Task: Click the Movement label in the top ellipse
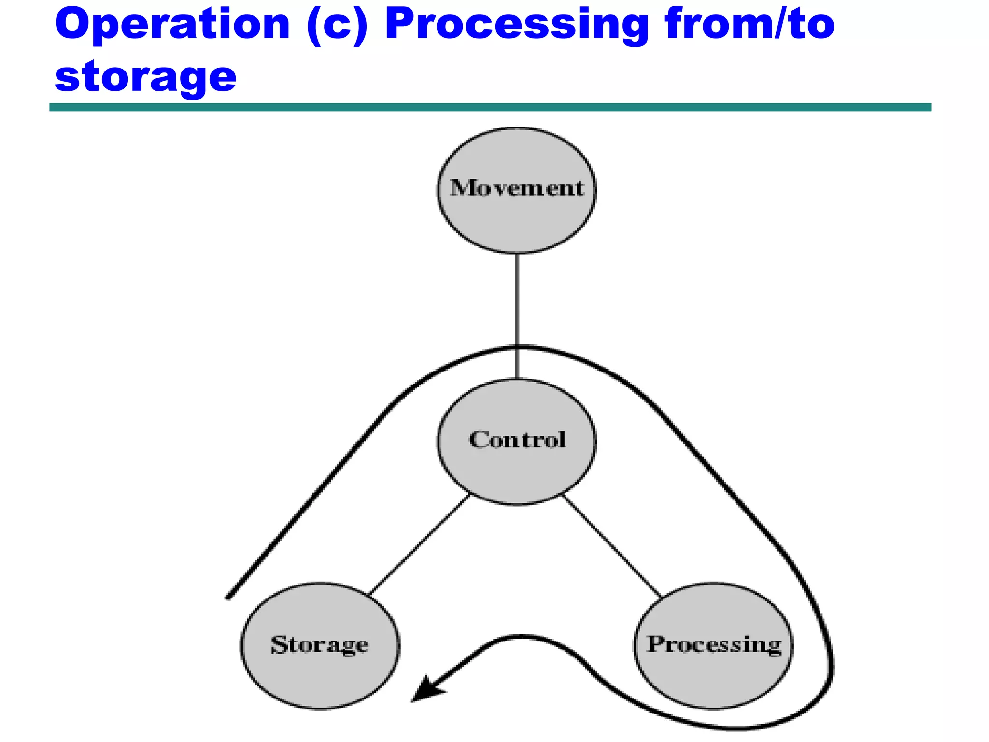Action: (517, 188)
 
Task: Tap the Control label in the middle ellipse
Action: (517, 440)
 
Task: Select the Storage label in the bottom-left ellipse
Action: (319, 644)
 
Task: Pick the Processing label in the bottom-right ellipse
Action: (714, 644)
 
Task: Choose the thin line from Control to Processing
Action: (612, 546)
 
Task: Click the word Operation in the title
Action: (172, 24)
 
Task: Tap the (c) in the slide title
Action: (337, 25)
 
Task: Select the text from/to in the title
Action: (749, 24)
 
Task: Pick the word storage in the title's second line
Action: (145, 77)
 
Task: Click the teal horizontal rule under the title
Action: (490, 107)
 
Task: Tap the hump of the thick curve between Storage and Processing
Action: (522, 637)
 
